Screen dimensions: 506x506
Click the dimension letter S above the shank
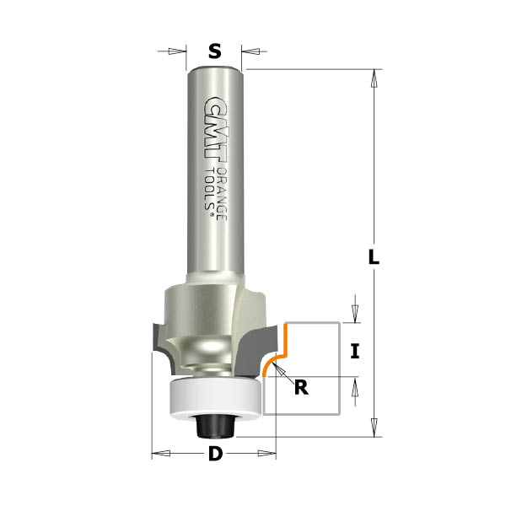[215, 51]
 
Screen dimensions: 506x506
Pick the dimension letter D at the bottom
[215, 455]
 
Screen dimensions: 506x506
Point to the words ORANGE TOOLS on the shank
[216, 194]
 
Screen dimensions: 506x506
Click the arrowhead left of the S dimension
[180, 51]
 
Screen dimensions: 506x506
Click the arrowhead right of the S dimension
[250, 51]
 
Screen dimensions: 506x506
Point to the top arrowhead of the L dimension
[374, 78]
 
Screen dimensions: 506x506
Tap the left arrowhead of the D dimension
[160, 455]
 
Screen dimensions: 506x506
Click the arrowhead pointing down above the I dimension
[355, 313]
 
